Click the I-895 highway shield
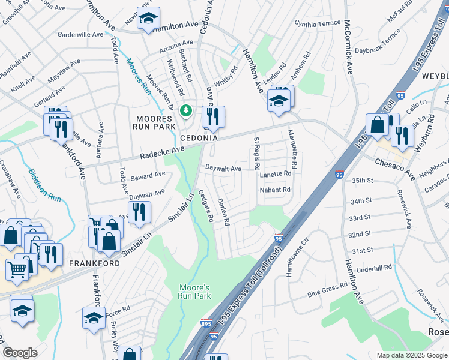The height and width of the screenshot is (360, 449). tap(206, 323)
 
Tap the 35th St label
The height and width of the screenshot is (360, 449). tap(362, 181)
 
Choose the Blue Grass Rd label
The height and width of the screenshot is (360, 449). tap(328, 290)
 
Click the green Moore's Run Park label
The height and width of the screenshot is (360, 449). tap(194, 292)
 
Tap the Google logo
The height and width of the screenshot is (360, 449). tap(20, 353)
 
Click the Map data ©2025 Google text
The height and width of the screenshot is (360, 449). tap(411, 355)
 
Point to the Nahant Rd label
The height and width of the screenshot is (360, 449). tap(275, 190)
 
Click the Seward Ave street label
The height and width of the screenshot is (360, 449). tap(148, 175)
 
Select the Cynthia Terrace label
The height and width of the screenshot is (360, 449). tap(318, 23)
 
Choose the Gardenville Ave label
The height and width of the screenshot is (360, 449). tap(80, 35)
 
